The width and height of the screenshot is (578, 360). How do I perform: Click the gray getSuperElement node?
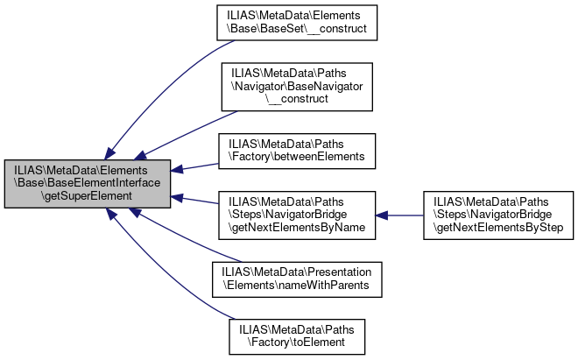click(x=88, y=184)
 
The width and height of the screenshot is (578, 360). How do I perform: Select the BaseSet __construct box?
click(x=297, y=23)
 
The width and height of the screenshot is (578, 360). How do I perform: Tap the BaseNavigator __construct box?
click(x=297, y=87)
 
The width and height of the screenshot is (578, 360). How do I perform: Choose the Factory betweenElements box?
click(x=297, y=152)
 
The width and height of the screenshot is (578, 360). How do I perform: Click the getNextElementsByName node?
click(x=297, y=215)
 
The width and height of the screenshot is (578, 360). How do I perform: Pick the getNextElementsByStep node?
click(x=498, y=215)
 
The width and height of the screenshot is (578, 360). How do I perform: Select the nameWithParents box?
click(x=297, y=279)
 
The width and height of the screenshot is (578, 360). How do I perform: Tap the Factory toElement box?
click(x=297, y=336)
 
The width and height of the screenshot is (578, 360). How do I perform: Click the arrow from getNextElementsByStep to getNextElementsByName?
click(x=399, y=215)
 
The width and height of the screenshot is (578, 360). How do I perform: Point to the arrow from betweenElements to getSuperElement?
click(x=194, y=167)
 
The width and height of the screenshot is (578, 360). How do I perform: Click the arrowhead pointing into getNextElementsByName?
click(x=382, y=215)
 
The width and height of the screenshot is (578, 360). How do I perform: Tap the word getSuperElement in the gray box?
click(x=88, y=196)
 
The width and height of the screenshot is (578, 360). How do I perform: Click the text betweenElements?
click(x=320, y=157)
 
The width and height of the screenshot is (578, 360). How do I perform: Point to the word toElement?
click(x=319, y=342)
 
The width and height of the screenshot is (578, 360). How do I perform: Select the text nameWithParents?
click(x=323, y=286)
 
